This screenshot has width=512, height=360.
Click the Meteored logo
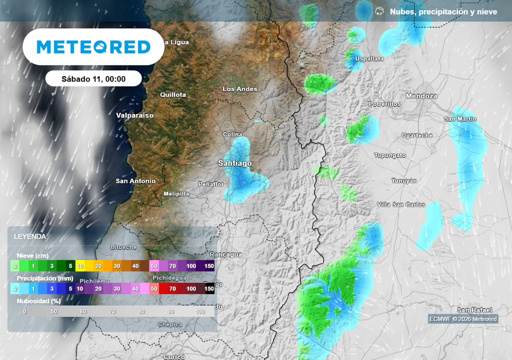click(93, 47)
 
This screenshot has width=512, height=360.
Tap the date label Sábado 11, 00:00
click(93, 78)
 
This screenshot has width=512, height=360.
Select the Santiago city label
click(235, 163)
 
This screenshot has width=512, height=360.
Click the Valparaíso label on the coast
click(135, 115)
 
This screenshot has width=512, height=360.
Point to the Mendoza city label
click(421, 96)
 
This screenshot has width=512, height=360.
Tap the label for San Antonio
click(135, 181)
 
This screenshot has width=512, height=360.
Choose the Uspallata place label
click(369, 59)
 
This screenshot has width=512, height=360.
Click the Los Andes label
click(240, 89)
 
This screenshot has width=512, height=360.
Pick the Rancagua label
click(226, 254)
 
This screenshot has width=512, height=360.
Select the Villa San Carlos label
click(401, 204)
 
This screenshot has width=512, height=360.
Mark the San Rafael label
click(474, 310)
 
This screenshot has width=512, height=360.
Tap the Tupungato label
click(390, 155)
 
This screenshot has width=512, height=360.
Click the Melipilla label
click(176, 193)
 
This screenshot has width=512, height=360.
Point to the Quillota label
click(173, 94)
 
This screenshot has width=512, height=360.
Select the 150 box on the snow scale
click(209, 266)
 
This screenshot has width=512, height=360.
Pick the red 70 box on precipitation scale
click(172, 288)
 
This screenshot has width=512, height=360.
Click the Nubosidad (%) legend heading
click(38, 301)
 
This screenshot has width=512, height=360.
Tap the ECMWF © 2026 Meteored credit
click(463, 319)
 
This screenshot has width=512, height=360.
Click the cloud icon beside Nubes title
click(379, 11)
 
